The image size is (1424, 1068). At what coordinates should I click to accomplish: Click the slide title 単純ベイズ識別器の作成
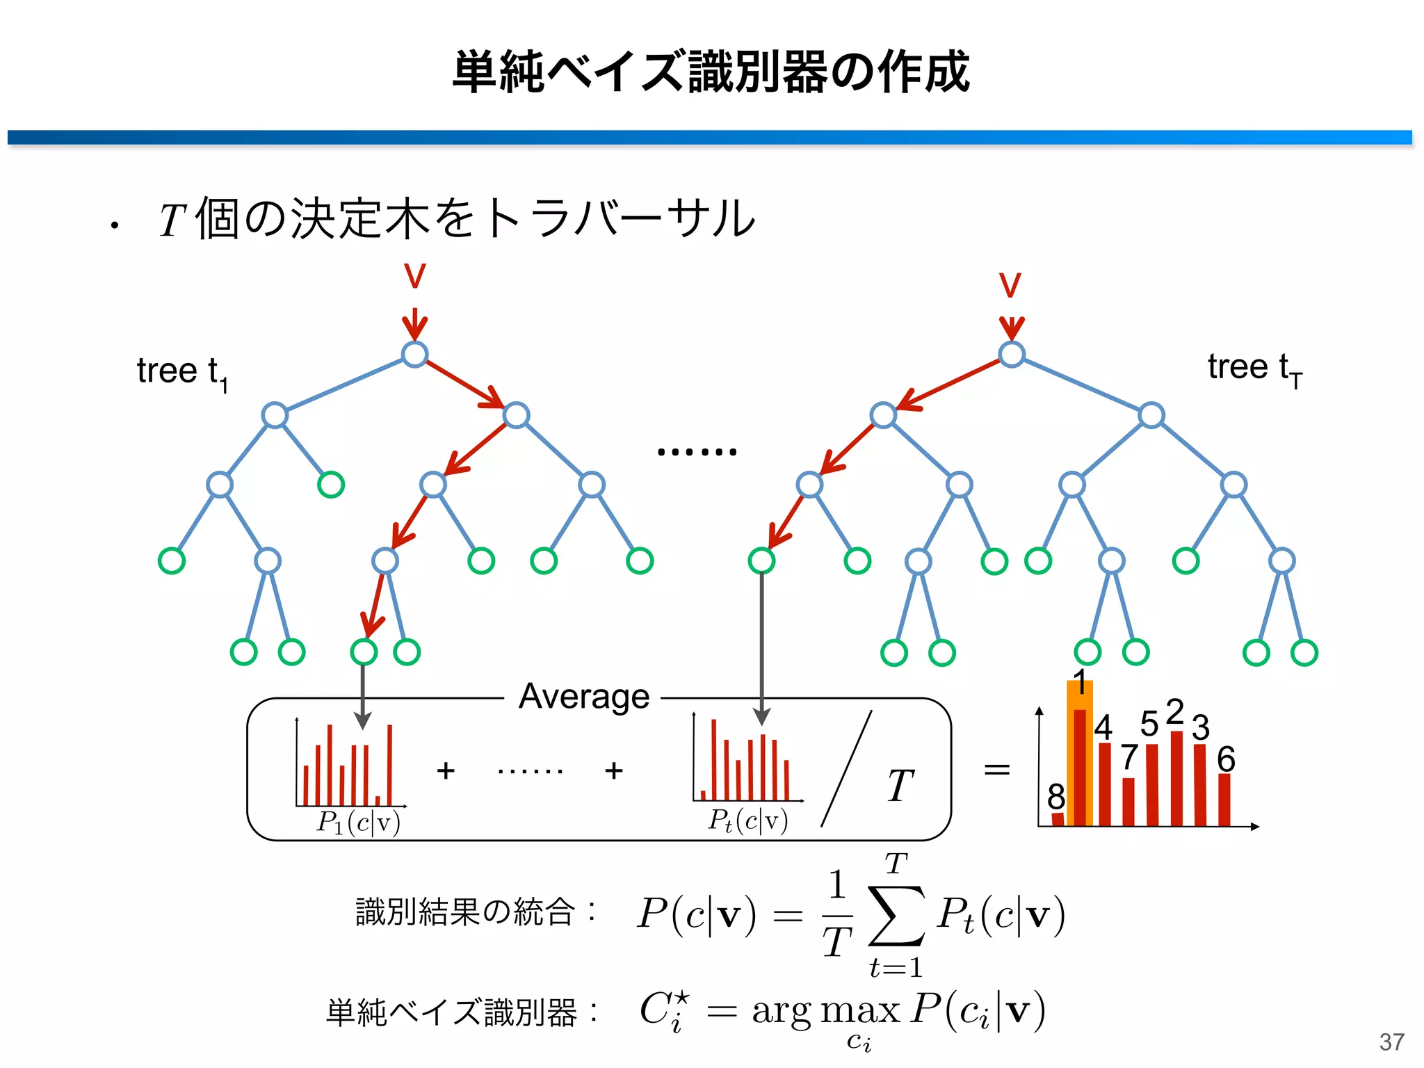[711, 72]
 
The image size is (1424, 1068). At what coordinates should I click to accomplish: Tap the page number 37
[1391, 1042]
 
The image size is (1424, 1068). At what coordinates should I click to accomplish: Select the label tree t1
[181, 372]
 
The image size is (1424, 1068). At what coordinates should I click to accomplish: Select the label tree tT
[1254, 369]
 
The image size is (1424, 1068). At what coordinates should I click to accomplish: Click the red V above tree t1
[414, 276]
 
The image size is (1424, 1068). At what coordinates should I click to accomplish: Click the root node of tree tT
[1011, 354]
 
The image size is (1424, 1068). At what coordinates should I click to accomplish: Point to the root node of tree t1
[414, 354]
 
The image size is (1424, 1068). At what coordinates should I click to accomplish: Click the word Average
[583, 696]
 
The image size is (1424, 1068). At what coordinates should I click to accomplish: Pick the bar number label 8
[1055, 795]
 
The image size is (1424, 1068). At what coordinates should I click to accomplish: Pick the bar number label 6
[1226, 759]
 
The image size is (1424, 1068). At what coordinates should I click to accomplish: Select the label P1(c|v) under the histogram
[358, 823]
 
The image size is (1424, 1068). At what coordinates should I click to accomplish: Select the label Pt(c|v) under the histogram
[747, 821]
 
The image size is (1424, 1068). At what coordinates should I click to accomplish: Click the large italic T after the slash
[900, 786]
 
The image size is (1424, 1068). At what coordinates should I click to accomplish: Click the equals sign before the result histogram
[996, 769]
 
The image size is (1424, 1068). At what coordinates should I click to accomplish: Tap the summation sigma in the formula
[896, 915]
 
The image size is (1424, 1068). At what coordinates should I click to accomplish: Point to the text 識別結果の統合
[465, 912]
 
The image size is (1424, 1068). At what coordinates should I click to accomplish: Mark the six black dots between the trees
[696, 452]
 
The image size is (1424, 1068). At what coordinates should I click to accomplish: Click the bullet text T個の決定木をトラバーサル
[456, 219]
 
